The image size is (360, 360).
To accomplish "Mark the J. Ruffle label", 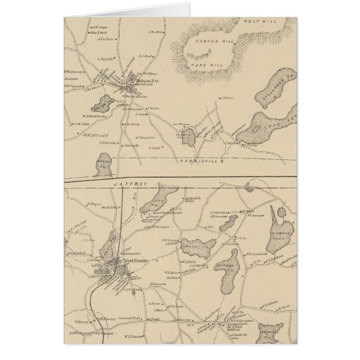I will (155, 33).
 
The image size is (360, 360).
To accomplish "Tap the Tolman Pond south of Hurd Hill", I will (189, 137).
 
